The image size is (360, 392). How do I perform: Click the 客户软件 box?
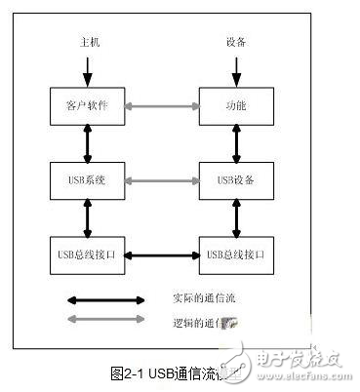(87, 104)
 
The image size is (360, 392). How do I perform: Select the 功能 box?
(234, 104)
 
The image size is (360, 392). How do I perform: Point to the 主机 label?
(88, 43)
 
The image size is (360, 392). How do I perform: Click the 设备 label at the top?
(234, 43)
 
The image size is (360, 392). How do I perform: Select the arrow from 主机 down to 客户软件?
(88, 70)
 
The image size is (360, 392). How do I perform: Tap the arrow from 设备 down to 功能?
(234, 70)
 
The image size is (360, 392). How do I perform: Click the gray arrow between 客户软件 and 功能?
(161, 104)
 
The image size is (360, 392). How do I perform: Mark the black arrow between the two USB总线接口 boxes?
(161, 255)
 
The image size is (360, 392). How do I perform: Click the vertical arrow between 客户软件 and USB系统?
(88, 142)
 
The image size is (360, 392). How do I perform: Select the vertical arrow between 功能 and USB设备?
(234, 142)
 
